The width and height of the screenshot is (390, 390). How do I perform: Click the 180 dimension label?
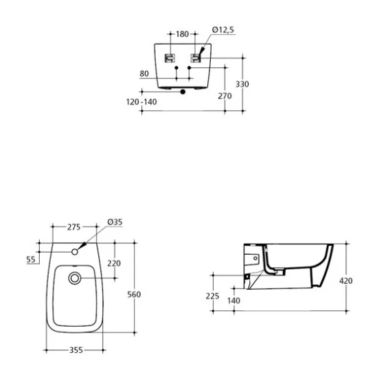183,34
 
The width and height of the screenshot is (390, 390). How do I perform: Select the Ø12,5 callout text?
223,30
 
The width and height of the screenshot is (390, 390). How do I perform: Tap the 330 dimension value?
242,84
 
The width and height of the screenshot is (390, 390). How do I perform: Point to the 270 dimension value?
225,95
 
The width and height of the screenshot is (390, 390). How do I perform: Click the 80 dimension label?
144,73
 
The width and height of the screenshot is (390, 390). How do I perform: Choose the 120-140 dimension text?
141,102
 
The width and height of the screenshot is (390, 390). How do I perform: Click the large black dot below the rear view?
183,92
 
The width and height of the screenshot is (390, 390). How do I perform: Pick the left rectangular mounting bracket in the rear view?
170,58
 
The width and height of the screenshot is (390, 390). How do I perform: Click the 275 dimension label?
74,227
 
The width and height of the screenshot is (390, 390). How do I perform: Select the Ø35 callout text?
115,222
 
